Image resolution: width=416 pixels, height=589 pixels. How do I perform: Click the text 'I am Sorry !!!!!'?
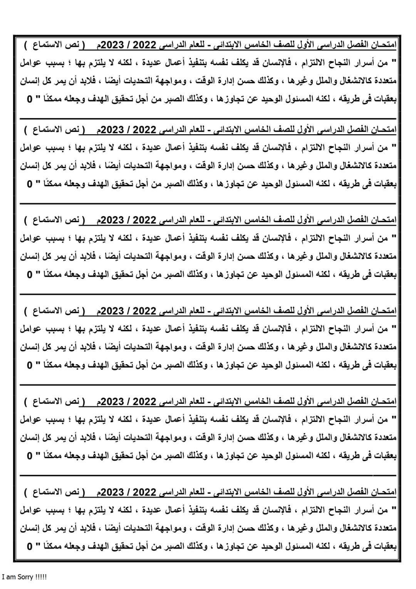(x=24, y=577)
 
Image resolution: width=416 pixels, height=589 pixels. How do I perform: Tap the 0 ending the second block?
(x=30, y=184)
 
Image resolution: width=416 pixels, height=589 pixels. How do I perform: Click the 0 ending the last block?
(x=30, y=547)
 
